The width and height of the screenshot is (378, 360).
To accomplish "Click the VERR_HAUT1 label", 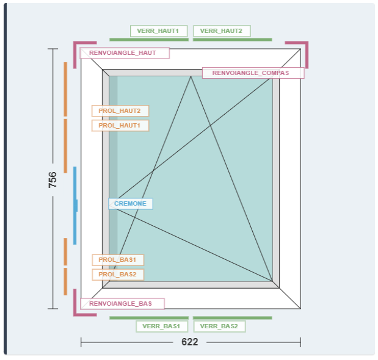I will tap(158, 31).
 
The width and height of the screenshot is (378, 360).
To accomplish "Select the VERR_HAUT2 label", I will tap(221, 31).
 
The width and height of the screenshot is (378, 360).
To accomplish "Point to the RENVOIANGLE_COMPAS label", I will tap(253, 73).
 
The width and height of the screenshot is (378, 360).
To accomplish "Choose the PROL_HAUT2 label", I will tap(120, 111).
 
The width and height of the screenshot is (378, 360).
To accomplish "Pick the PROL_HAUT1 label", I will tap(120, 126).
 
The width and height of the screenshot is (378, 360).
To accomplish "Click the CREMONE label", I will tap(131, 204).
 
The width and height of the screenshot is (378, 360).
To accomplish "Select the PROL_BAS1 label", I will tap(118, 260).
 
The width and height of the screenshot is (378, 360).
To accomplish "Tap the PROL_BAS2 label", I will tap(118, 275).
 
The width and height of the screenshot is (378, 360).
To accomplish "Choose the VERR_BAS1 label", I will tap(161, 326).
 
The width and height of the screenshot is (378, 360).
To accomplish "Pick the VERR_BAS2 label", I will tap(219, 326).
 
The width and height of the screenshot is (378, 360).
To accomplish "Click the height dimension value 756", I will tap(53, 179).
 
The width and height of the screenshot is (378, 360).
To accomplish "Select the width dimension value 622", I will tap(190, 342).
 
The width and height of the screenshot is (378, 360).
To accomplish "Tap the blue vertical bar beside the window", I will tap(75, 205).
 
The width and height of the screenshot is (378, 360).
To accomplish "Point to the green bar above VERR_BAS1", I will tap(149, 318).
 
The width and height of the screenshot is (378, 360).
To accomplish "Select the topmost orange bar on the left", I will tap(65, 88).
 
